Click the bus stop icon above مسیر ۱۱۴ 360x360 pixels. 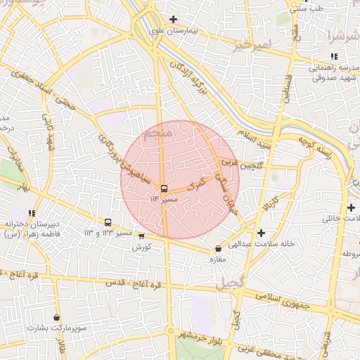pyautogui.click(x=164, y=188)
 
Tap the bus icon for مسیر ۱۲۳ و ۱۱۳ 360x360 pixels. pyautogui.click(x=108, y=221)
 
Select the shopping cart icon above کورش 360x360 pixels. pyautogui.click(x=141, y=236)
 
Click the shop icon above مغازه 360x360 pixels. pyautogui.click(x=218, y=248)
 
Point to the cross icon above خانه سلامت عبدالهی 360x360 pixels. pyautogui.click(x=261, y=232)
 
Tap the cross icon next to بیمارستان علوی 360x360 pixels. pyautogui.click(x=172, y=18)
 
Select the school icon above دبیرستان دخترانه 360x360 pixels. pyautogui.click(x=32, y=212)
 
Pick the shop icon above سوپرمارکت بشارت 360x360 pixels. pyautogui.click(x=56, y=317)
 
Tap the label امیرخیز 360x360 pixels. pyautogui.click(x=252, y=46)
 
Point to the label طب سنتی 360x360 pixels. pyautogui.click(x=306, y=8)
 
